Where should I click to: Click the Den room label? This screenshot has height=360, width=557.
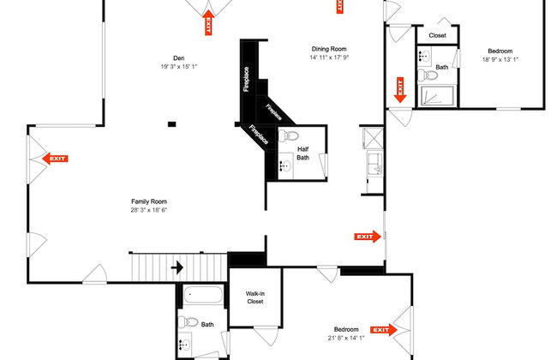coord(179,58)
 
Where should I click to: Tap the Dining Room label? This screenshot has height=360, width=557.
coord(329,49)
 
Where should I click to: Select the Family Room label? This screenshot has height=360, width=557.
coord(149,201)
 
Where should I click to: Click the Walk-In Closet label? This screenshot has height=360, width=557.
coord(255,297)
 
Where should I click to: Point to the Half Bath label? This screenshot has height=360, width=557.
coord(303,153)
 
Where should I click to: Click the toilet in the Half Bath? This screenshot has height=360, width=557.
coord(288,135)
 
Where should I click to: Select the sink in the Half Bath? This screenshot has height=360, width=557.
coord(284,166)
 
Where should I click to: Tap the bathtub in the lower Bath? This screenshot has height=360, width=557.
coord(203,295)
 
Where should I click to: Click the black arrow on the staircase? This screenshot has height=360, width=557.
coord(177,267)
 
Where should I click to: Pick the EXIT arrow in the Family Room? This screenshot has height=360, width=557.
coord(55,159)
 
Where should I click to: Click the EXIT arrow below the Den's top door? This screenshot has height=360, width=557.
coord(208,22)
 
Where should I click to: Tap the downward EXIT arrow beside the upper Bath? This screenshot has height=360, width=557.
coord(400,90)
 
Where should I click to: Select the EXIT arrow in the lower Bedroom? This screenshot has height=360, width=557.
coord(384,330)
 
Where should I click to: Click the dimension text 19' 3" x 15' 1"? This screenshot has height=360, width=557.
coord(179,67)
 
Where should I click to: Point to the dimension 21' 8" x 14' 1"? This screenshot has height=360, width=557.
coord(346,338)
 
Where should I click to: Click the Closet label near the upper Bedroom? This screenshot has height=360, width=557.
coord(437,35)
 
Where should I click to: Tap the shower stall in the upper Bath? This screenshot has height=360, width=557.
coord(436,96)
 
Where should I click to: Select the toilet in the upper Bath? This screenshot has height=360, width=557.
coord(428,75)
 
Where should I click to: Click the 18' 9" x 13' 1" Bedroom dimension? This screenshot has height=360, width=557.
coord(500,60)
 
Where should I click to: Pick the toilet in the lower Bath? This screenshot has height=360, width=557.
coord(188,322)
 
